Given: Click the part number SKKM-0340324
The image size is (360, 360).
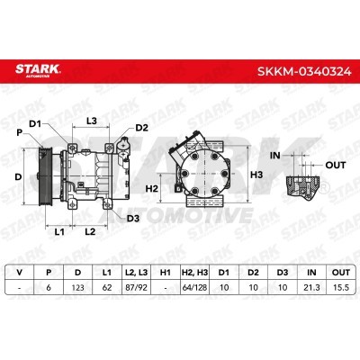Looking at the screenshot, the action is point(304,71).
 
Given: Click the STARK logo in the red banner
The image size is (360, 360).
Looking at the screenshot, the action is point(38,70).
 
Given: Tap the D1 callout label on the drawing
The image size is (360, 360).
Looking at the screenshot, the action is point(36,123).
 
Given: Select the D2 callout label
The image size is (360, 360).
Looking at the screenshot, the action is point(141,128).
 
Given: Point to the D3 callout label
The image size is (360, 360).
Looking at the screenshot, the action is point(133,219).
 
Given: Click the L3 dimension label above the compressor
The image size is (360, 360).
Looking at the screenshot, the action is point(92,121).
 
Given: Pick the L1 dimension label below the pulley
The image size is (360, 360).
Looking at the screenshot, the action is point(59,231).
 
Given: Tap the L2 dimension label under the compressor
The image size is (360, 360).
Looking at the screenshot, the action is point(90,231).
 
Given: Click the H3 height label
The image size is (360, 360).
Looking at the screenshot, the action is point(256,175).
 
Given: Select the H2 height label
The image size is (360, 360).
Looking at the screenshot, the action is point(151,189).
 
